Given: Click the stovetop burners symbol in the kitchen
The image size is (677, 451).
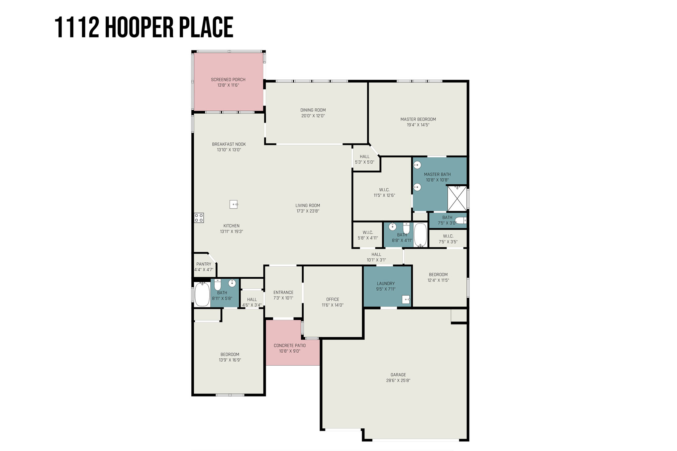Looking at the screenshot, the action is [x=199, y=218].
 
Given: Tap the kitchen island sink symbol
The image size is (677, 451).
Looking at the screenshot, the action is [x=234, y=204].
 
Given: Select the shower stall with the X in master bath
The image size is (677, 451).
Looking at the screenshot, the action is [x=457, y=199].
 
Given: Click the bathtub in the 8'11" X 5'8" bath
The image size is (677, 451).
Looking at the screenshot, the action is [x=202, y=294].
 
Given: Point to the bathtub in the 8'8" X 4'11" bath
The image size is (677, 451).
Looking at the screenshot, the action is [x=420, y=235].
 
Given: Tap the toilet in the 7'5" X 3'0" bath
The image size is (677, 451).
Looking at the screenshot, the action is [x=461, y=220].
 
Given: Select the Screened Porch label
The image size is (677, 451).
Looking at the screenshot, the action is [x=228, y=80].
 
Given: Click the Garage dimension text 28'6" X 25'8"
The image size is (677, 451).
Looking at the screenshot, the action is [x=398, y=381].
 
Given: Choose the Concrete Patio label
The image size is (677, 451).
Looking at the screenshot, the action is [x=290, y=346].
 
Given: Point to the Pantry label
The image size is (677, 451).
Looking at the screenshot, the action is [x=204, y=264].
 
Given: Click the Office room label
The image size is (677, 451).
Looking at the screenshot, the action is [x=333, y=300].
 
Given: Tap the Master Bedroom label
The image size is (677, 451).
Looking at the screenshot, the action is [x=418, y=120].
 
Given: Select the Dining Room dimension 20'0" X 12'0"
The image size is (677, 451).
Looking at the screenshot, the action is [x=313, y=116].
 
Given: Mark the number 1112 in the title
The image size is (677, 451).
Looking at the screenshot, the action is [x=77, y=28].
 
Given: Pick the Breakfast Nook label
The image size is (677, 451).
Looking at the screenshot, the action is [x=229, y=144].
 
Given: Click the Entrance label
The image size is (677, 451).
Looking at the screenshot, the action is [x=283, y=293].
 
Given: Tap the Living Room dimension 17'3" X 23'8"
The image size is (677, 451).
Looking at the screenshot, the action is [x=308, y=211].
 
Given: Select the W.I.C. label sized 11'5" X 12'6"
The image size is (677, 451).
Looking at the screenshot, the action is [x=384, y=190].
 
